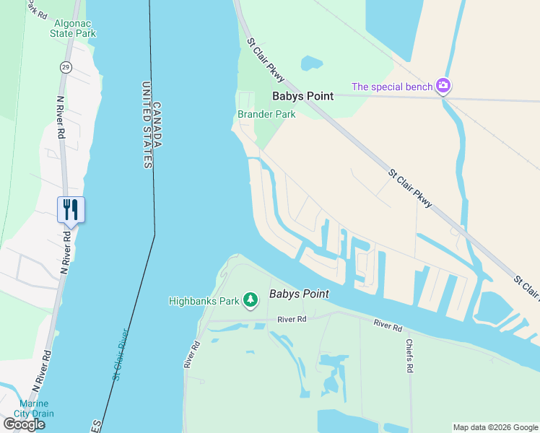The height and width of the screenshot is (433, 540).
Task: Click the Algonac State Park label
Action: pyautogui.click(x=74, y=27)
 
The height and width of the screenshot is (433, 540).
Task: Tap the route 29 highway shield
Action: pyautogui.click(x=65, y=67)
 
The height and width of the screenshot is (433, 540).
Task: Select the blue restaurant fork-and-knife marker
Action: pyautogui.click(x=71, y=209)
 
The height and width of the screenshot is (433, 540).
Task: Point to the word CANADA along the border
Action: pyautogui.click(x=157, y=124)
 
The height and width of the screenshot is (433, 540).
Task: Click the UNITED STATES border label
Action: pyautogui.click(x=147, y=125)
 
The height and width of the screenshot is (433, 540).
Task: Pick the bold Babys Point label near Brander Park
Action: pyautogui.click(x=302, y=96)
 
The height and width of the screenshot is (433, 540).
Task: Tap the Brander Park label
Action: pyautogui.click(x=266, y=115)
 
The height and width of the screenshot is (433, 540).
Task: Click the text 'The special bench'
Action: pyautogui.click(x=392, y=87)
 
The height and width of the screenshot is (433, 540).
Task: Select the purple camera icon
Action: pyautogui.click(x=443, y=87)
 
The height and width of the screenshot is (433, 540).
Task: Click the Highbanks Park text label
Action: pyautogui.click(x=204, y=301)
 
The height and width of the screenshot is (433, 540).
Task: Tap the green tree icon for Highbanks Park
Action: pyautogui.click(x=251, y=299)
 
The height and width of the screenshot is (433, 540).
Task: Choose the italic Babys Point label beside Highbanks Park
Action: pyautogui.click(x=299, y=294)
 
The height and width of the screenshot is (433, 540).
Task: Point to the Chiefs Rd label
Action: pyautogui.click(x=409, y=357)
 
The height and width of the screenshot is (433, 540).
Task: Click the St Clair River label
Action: pyautogui.click(x=120, y=354)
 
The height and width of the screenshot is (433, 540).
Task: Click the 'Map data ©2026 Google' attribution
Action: pyautogui.click(x=495, y=427)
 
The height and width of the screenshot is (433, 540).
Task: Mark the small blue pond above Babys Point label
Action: pyautogui.click(x=312, y=64)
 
